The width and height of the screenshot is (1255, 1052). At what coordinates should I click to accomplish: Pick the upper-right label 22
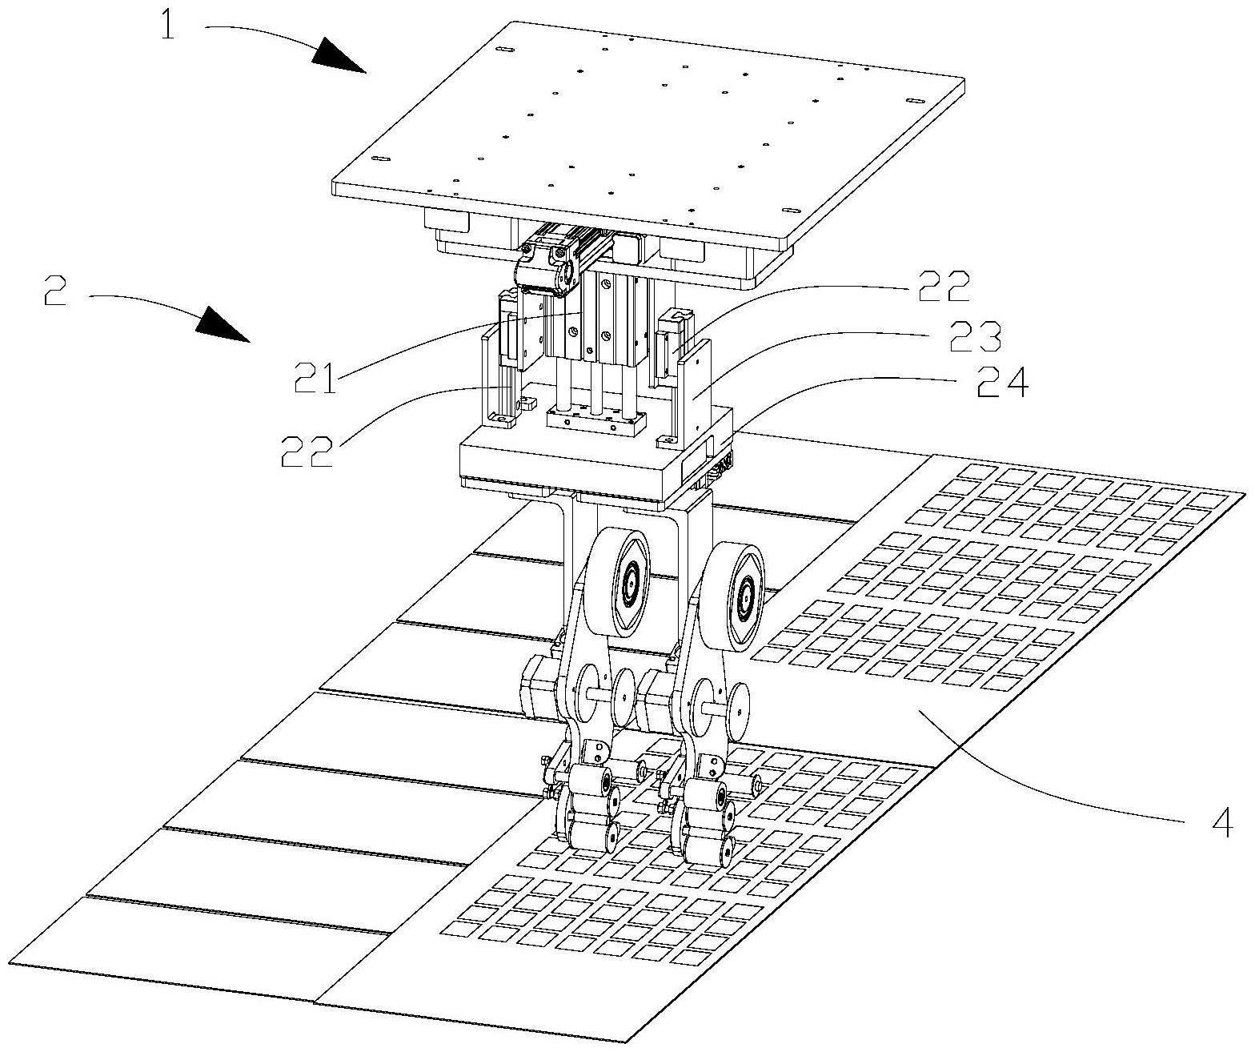point(944,287)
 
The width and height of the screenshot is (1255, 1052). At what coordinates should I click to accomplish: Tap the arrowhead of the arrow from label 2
point(223,324)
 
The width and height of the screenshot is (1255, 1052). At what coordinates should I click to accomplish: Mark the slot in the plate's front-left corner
point(380,158)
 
